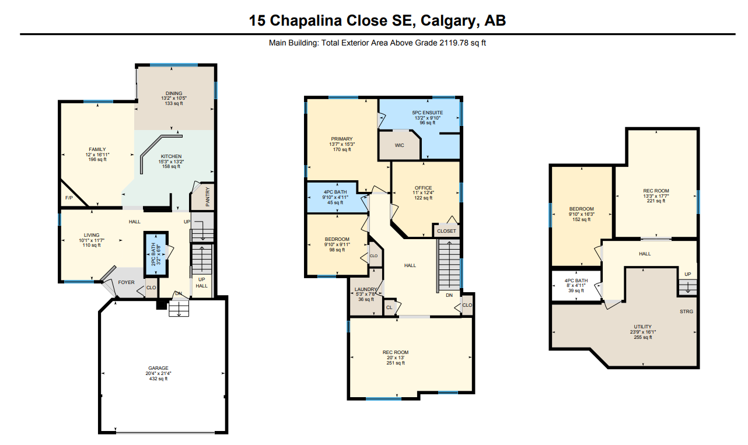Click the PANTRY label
(x=208, y=197)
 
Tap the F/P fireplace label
(x=69, y=198)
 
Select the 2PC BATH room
(x=156, y=254)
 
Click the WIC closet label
(x=399, y=145)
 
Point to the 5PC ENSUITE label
(x=428, y=113)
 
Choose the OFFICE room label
(x=424, y=188)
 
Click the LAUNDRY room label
(x=366, y=289)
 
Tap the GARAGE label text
(x=158, y=368)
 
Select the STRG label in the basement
(x=687, y=311)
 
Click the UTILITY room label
(x=643, y=327)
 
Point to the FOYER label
(x=126, y=282)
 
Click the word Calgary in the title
(x=447, y=20)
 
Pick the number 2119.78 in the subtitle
(x=454, y=43)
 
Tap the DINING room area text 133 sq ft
(x=174, y=103)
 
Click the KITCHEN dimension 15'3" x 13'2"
(x=171, y=162)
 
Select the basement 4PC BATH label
(x=576, y=281)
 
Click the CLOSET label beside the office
(x=446, y=231)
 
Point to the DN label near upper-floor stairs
(x=449, y=295)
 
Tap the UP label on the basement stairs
(x=688, y=275)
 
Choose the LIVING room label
(x=92, y=235)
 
